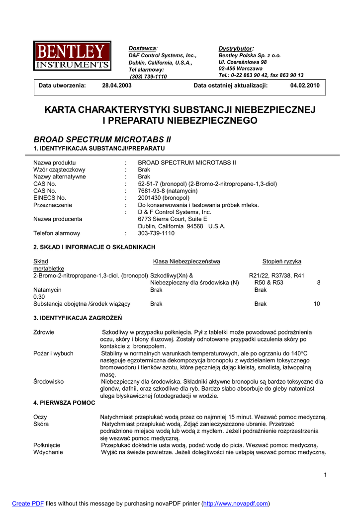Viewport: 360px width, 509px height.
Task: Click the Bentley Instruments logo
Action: pos(73,56)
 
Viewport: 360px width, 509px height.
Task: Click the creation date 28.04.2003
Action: pos(117,85)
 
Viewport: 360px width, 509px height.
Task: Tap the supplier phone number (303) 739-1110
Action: pos(148,77)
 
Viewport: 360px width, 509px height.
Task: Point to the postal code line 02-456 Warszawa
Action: pos(241,69)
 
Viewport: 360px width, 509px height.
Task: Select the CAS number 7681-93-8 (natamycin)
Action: pos(168,191)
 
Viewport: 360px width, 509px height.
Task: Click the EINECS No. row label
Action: pos(50,198)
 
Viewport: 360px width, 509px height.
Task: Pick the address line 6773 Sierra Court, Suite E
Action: pos(173,219)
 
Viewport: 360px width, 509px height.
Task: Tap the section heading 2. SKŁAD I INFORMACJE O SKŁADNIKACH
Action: pos(94,247)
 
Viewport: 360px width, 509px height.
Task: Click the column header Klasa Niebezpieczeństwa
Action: pos(186,261)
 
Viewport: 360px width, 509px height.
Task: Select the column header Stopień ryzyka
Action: pos(281,261)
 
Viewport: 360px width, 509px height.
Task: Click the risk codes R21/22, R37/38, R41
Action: pos(276,275)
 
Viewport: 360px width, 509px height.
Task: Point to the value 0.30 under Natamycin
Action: pos(39,296)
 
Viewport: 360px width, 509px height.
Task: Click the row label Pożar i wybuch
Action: pos(53,353)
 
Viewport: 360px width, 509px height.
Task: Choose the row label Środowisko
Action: pos(49,382)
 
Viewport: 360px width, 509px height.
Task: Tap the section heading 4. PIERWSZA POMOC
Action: pos(64,403)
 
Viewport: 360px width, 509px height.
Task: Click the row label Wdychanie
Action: pos(48,452)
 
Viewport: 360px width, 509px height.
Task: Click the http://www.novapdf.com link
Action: pos(236,504)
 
